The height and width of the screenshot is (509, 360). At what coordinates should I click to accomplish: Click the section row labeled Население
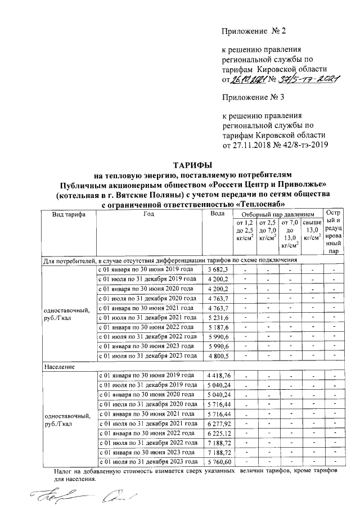(x=60, y=366)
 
